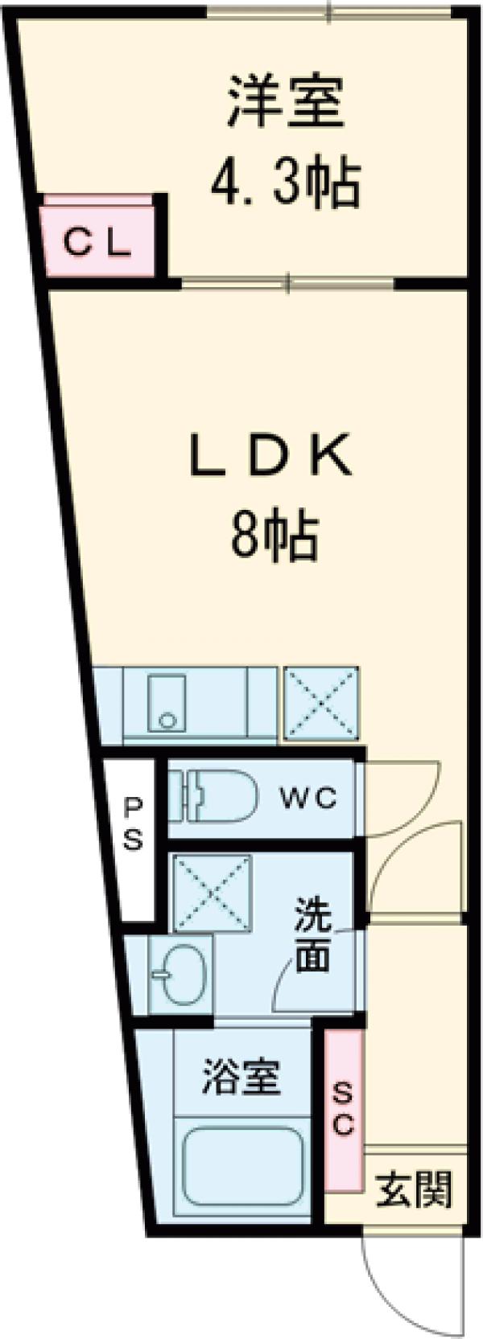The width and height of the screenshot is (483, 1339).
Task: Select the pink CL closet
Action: coord(98,241)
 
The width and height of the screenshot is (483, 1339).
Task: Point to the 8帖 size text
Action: coord(274,534)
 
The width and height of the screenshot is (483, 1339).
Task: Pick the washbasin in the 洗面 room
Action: coord(180,974)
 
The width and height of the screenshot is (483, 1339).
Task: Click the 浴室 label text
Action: coord(241,1077)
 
